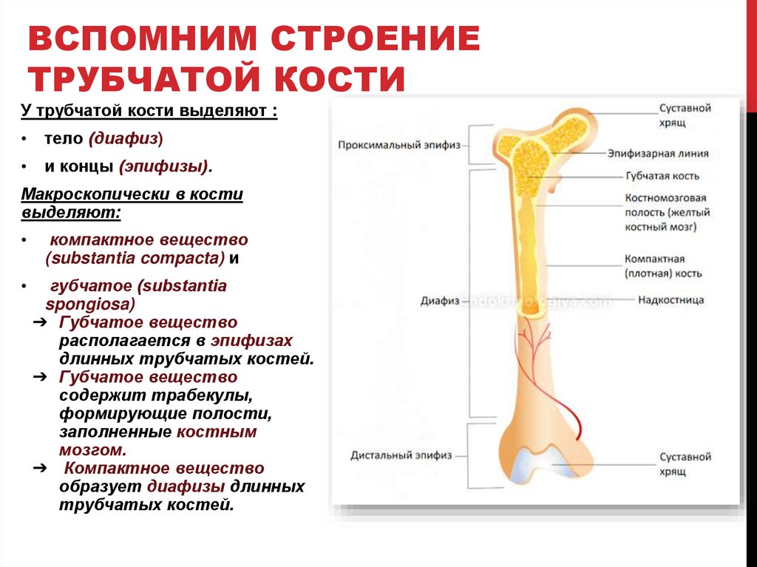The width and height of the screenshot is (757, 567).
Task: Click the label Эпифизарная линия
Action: click(x=657, y=155)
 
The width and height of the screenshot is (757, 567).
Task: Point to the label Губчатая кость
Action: click(x=662, y=177)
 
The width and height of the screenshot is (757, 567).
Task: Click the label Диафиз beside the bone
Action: click(x=440, y=302)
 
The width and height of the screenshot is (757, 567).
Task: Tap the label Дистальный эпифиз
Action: click(x=401, y=455)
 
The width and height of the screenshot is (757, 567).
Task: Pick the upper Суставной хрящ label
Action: click(x=685, y=115)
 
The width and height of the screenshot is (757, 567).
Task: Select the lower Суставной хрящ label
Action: click(x=685, y=464)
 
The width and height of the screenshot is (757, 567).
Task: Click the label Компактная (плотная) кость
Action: click(x=663, y=266)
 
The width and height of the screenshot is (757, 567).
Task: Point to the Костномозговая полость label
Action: click(x=666, y=213)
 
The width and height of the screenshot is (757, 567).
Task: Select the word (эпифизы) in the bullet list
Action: click(x=163, y=166)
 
